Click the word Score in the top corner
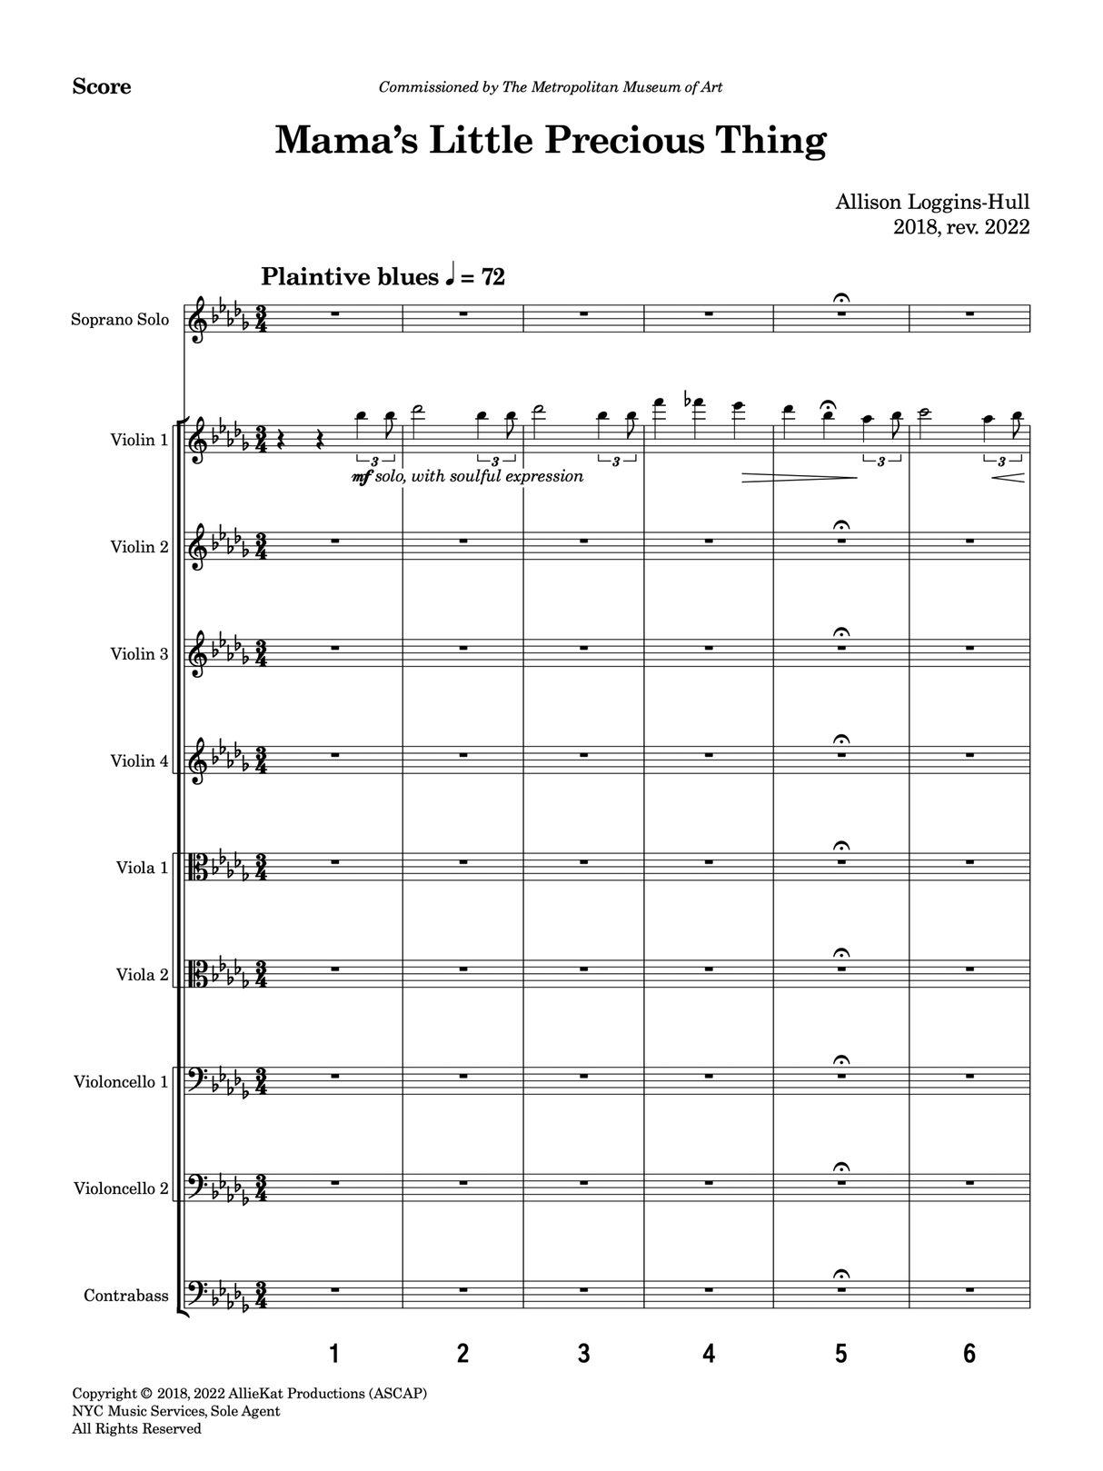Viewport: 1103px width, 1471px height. [102, 87]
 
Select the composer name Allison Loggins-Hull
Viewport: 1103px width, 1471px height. [932, 204]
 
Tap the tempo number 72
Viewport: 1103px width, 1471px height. [492, 277]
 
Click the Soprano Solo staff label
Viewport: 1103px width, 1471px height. [120, 320]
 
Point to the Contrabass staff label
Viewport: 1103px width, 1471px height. [126, 1296]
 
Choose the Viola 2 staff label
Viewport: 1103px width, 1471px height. [143, 975]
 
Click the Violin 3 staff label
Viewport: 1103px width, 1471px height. [139, 653]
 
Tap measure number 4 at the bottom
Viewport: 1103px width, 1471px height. [709, 1355]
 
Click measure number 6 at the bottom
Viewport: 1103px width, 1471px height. [969, 1355]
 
